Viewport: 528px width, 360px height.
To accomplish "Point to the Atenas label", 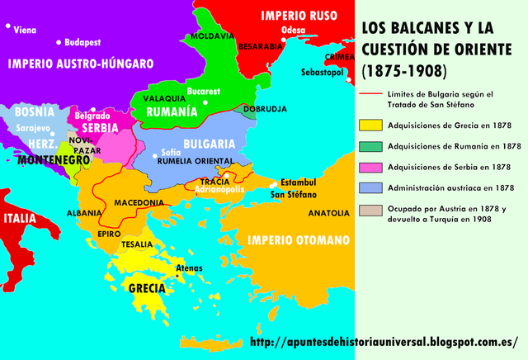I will coord(190,268).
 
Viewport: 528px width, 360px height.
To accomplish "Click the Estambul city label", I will coord(298,182).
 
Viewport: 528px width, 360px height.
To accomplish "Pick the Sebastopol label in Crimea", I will coord(322,73).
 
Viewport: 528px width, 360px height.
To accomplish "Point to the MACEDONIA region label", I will coord(139,202).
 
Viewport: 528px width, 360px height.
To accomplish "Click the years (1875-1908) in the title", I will coord(404,70).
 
